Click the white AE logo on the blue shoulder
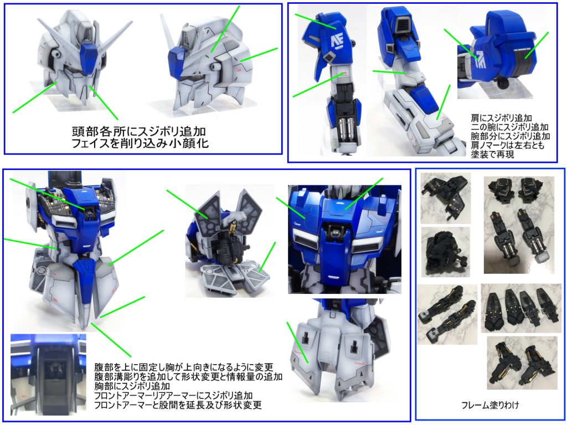[338, 40]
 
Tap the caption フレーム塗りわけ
[491, 405]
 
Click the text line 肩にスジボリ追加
[501, 118]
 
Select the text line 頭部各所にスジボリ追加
[139, 131]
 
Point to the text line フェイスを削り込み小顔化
[140, 143]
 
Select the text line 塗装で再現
[492, 154]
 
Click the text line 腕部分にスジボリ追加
[510, 136]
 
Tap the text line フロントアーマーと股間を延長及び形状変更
[178, 405]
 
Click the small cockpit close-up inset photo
[49, 375]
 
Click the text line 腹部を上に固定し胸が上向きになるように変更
[183, 367]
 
